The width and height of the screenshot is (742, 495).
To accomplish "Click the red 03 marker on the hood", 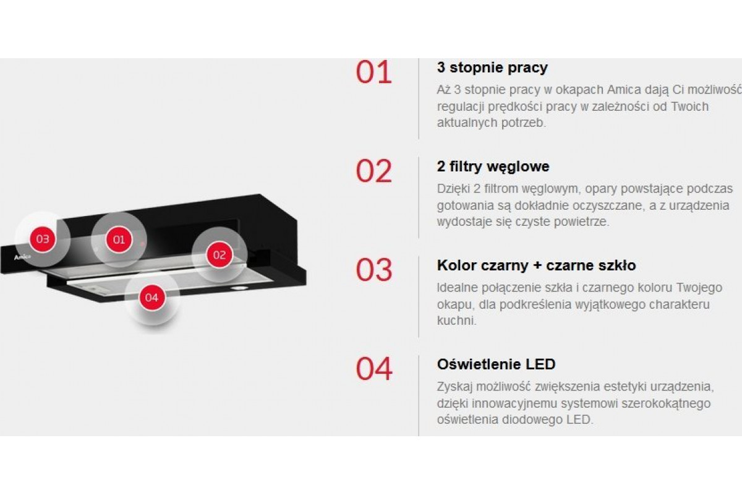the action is pos(43,239).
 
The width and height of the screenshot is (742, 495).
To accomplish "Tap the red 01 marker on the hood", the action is pos(119,239).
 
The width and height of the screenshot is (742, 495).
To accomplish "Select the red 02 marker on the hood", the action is pos(220,255).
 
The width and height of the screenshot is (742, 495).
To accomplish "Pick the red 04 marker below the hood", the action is pos(151,298).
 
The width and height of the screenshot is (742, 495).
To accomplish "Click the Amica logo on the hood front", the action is pos(22,257).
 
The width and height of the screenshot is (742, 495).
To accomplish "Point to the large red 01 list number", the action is pos(374,72).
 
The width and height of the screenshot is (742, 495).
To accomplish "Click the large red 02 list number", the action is pos(374,171).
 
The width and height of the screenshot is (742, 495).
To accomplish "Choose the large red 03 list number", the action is pos(374,270).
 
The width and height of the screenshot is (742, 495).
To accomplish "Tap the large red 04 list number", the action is pos(374,369).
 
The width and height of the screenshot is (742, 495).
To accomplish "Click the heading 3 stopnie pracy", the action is pos(492,68).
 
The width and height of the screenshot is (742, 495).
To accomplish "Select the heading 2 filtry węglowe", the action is pos(493,167).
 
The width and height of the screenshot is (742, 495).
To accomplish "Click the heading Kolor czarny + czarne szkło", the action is pos(536,265).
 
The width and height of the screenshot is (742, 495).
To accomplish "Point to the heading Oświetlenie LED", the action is pos(496,364).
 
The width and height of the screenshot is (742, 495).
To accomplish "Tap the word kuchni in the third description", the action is pos(457,321).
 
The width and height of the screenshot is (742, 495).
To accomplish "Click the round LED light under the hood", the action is pos(239,288).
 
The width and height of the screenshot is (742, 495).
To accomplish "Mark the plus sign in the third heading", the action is pos(537,266).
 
